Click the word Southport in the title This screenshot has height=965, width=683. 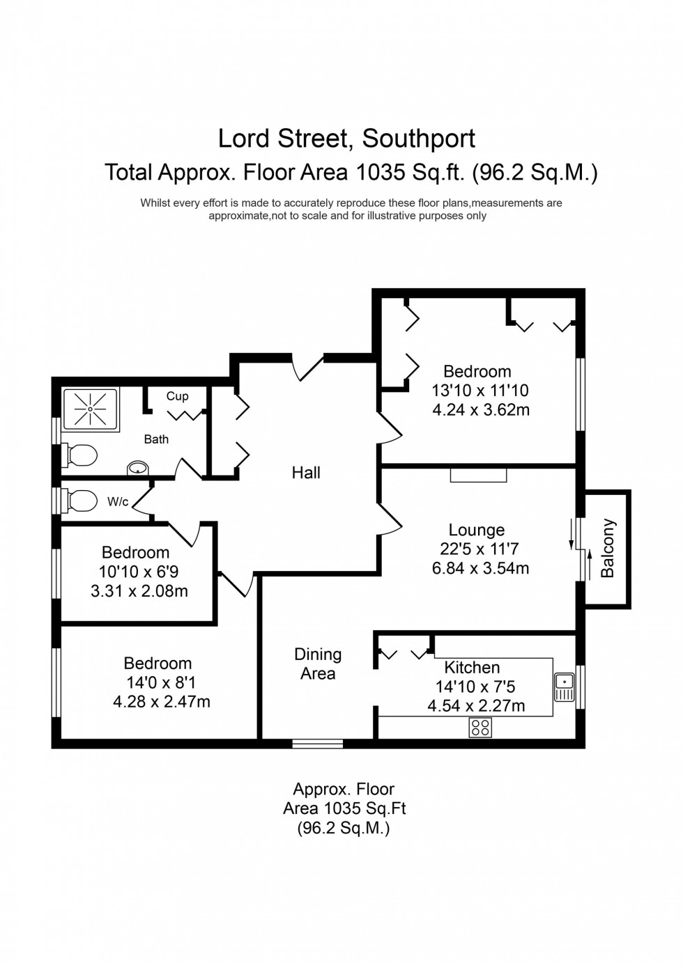click(418, 139)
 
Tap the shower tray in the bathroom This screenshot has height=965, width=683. click(91, 409)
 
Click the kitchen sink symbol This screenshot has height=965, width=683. click(564, 687)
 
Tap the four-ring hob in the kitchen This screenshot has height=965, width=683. click(480, 728)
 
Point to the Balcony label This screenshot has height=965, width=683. click(608, 548)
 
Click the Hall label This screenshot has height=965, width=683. click(306, 473)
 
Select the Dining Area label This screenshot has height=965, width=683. click(318, 664)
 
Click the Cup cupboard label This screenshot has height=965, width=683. click(177, 396)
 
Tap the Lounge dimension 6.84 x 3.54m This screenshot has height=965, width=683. click(480, 568)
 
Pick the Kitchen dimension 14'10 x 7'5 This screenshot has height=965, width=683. click(475, 687)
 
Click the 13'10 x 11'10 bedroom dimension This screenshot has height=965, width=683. click(480, 391)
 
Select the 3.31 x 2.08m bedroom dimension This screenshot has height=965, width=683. click(139, 591)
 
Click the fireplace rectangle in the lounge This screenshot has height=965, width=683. click(478, 475)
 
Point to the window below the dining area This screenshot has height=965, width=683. click(318, 744)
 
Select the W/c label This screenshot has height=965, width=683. click(118, 501)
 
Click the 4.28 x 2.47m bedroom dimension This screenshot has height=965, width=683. click(162, 702)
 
